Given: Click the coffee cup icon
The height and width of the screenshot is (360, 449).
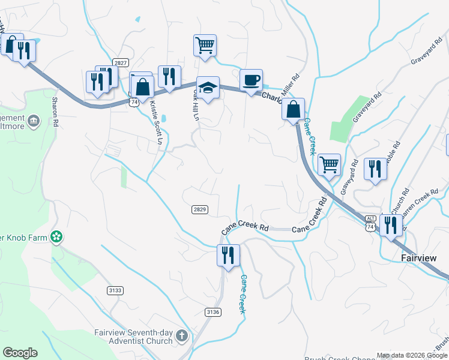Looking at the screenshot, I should (251, 80).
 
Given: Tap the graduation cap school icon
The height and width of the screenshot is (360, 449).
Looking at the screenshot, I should (208, 87).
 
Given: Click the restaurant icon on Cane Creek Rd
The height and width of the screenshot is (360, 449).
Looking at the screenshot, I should (228, 254).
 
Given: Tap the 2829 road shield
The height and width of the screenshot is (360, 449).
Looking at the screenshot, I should (200, 209).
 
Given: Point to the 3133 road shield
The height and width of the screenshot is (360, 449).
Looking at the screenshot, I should (115, 290).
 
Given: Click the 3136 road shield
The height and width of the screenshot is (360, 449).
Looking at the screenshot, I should (213, 311).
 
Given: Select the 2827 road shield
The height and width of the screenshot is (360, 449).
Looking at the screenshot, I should (121, 63).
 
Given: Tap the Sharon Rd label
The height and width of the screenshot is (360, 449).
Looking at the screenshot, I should (55, 111).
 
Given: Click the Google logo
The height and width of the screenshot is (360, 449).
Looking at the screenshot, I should (20, 353).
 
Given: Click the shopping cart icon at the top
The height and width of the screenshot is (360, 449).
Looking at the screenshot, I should (205, 44).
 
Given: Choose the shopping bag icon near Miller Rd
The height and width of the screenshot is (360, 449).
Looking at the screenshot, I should (294, 110).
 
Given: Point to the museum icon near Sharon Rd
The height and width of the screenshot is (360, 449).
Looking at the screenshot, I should (34, 121).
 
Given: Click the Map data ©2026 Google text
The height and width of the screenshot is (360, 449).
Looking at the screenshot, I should (412, 355).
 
